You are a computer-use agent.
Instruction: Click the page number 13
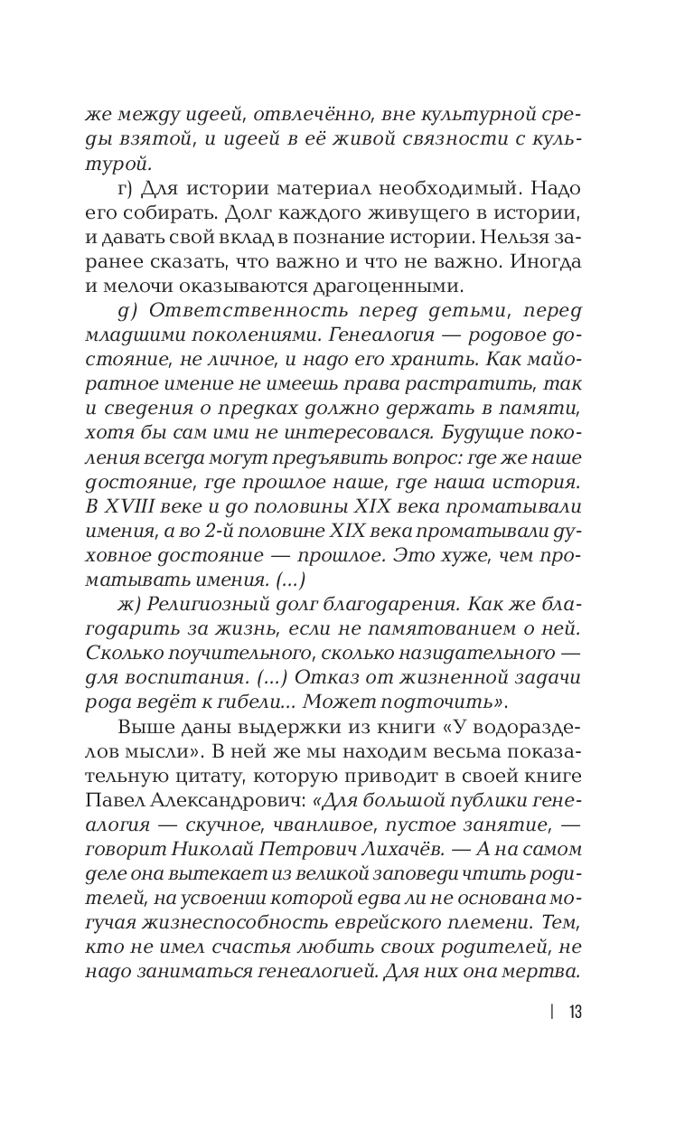click(576, 1012)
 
